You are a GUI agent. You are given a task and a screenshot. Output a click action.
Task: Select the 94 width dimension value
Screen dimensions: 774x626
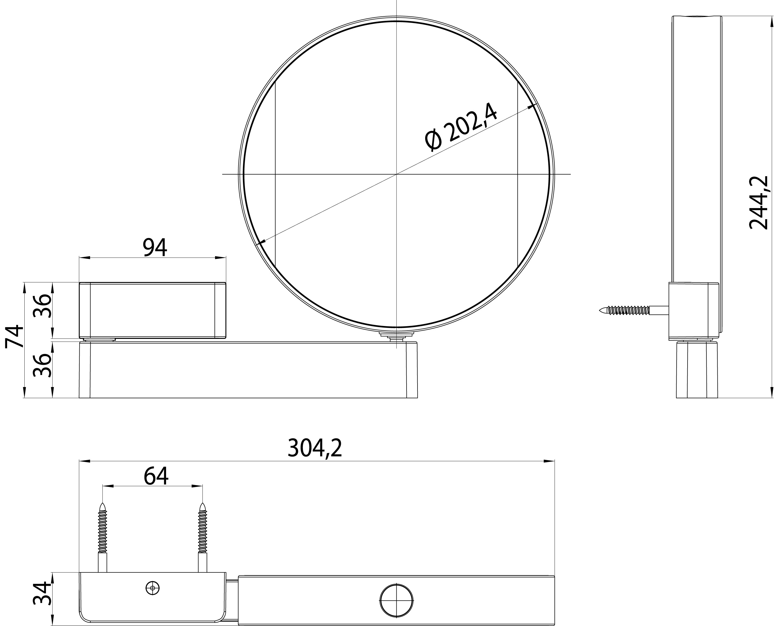pyautogui.click(x=155, y=247)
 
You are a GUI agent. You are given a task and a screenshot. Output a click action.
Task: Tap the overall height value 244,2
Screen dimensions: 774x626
pyautogui.click(x=758, y=203)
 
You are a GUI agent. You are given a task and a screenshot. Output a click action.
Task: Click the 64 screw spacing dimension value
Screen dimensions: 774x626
pyautogui.click(x=156, y=476)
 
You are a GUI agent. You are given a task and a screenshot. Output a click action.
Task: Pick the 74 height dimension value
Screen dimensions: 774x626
pyautogui.click(x=14, y=336)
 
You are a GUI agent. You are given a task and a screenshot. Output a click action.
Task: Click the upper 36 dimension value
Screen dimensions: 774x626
pyautogui.click(x=42, y=305)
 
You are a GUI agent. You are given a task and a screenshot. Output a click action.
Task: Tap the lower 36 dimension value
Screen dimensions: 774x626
pyautogui.click(x=42, y=365)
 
